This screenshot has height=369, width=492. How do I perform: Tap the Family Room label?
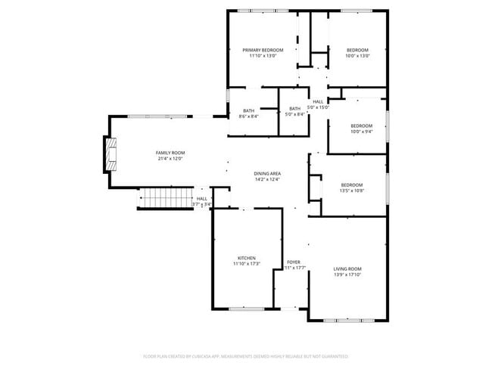click(170, 153)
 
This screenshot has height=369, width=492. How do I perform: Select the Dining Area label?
click(266, 174)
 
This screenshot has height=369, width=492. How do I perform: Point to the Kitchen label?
click(246, 258)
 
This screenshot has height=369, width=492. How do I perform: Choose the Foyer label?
click(294, 262)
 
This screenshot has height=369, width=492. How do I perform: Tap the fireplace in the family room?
click(111, 153)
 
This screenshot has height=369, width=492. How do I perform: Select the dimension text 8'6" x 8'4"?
click(248, 116)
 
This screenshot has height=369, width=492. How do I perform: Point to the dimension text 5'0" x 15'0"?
click(318, 107)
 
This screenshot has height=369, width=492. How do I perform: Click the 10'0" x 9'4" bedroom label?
click(361, 126)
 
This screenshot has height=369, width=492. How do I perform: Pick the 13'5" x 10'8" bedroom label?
click(351, 185)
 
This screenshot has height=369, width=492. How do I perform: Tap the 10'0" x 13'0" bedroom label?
click(357, 50)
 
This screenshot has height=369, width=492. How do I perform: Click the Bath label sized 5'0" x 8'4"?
click(294, 109)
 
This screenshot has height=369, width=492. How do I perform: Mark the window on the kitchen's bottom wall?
click(247, 309)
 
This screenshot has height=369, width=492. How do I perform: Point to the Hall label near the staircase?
click(201, 199)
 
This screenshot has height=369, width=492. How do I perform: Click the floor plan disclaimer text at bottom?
click(246, 355)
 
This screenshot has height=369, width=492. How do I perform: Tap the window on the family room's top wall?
click(157, 116)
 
